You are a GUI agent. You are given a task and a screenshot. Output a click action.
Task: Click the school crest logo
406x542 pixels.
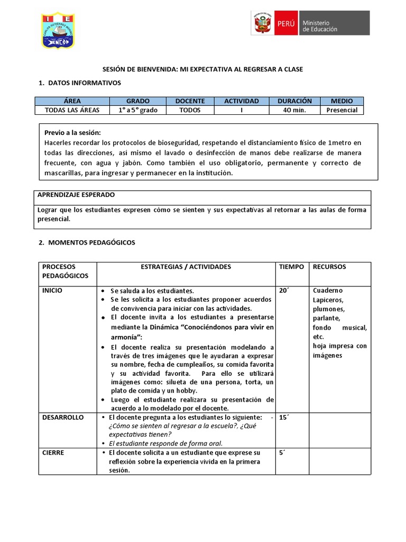coord(57,31)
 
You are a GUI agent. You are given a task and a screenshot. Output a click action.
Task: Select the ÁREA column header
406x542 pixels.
coord(72,101)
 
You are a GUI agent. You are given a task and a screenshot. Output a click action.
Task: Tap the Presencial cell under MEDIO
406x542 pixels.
coord(342,110)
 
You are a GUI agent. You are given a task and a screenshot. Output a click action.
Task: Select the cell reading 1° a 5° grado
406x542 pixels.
coord(138,110)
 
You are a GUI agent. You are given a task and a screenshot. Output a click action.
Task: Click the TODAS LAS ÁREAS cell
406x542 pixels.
coord(72,110)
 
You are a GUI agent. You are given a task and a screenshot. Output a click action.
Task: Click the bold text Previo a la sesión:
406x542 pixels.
coord(72,132)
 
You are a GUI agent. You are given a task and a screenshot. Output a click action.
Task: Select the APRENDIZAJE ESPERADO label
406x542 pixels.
coord(76,195)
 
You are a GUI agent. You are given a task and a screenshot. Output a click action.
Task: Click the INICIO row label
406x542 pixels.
coord(52,291)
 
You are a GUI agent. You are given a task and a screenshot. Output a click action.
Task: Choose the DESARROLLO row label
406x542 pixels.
coord(63,417)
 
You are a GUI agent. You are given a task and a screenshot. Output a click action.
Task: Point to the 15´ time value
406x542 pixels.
coord(284,417)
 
